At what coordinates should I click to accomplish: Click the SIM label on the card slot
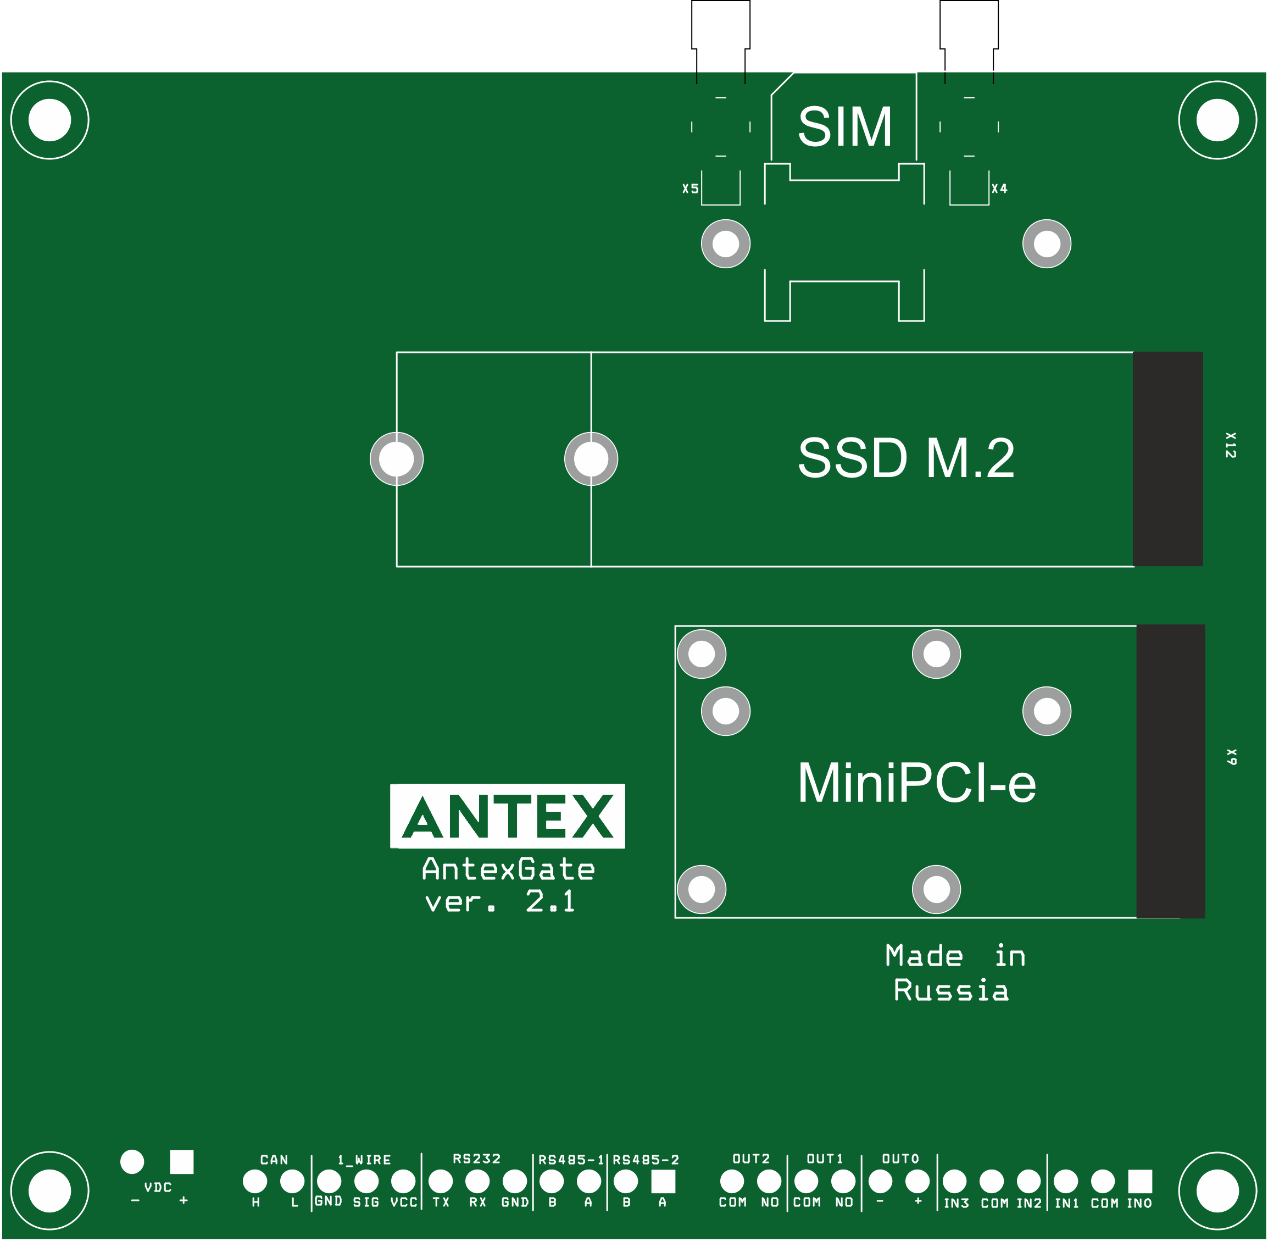click(x=844, y=126)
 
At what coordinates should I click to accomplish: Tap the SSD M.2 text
click(x=906, y=458)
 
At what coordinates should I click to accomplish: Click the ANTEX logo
click(x=507, y=816)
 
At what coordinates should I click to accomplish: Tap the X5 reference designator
click(x=690, y=189)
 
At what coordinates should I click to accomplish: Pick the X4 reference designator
click(x=999, y=189)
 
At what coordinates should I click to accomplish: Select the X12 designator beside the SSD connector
click(x=1230, y=445)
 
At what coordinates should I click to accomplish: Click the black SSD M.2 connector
click(x=1167, y=459)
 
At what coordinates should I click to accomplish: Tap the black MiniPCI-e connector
click(x=1170, y=772)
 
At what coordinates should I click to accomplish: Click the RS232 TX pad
click(x=441, y=1181)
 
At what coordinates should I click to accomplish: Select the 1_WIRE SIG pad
click(x=366, y=1181)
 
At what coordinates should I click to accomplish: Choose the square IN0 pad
click(x=1139, y=1181)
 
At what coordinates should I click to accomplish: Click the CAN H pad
click(x=255, y=1181)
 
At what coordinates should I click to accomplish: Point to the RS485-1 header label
click(x=571, y=1160)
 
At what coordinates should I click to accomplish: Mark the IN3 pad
click(x=955, y=1181)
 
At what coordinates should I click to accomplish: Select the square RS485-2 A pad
click(x=663, y=1181)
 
